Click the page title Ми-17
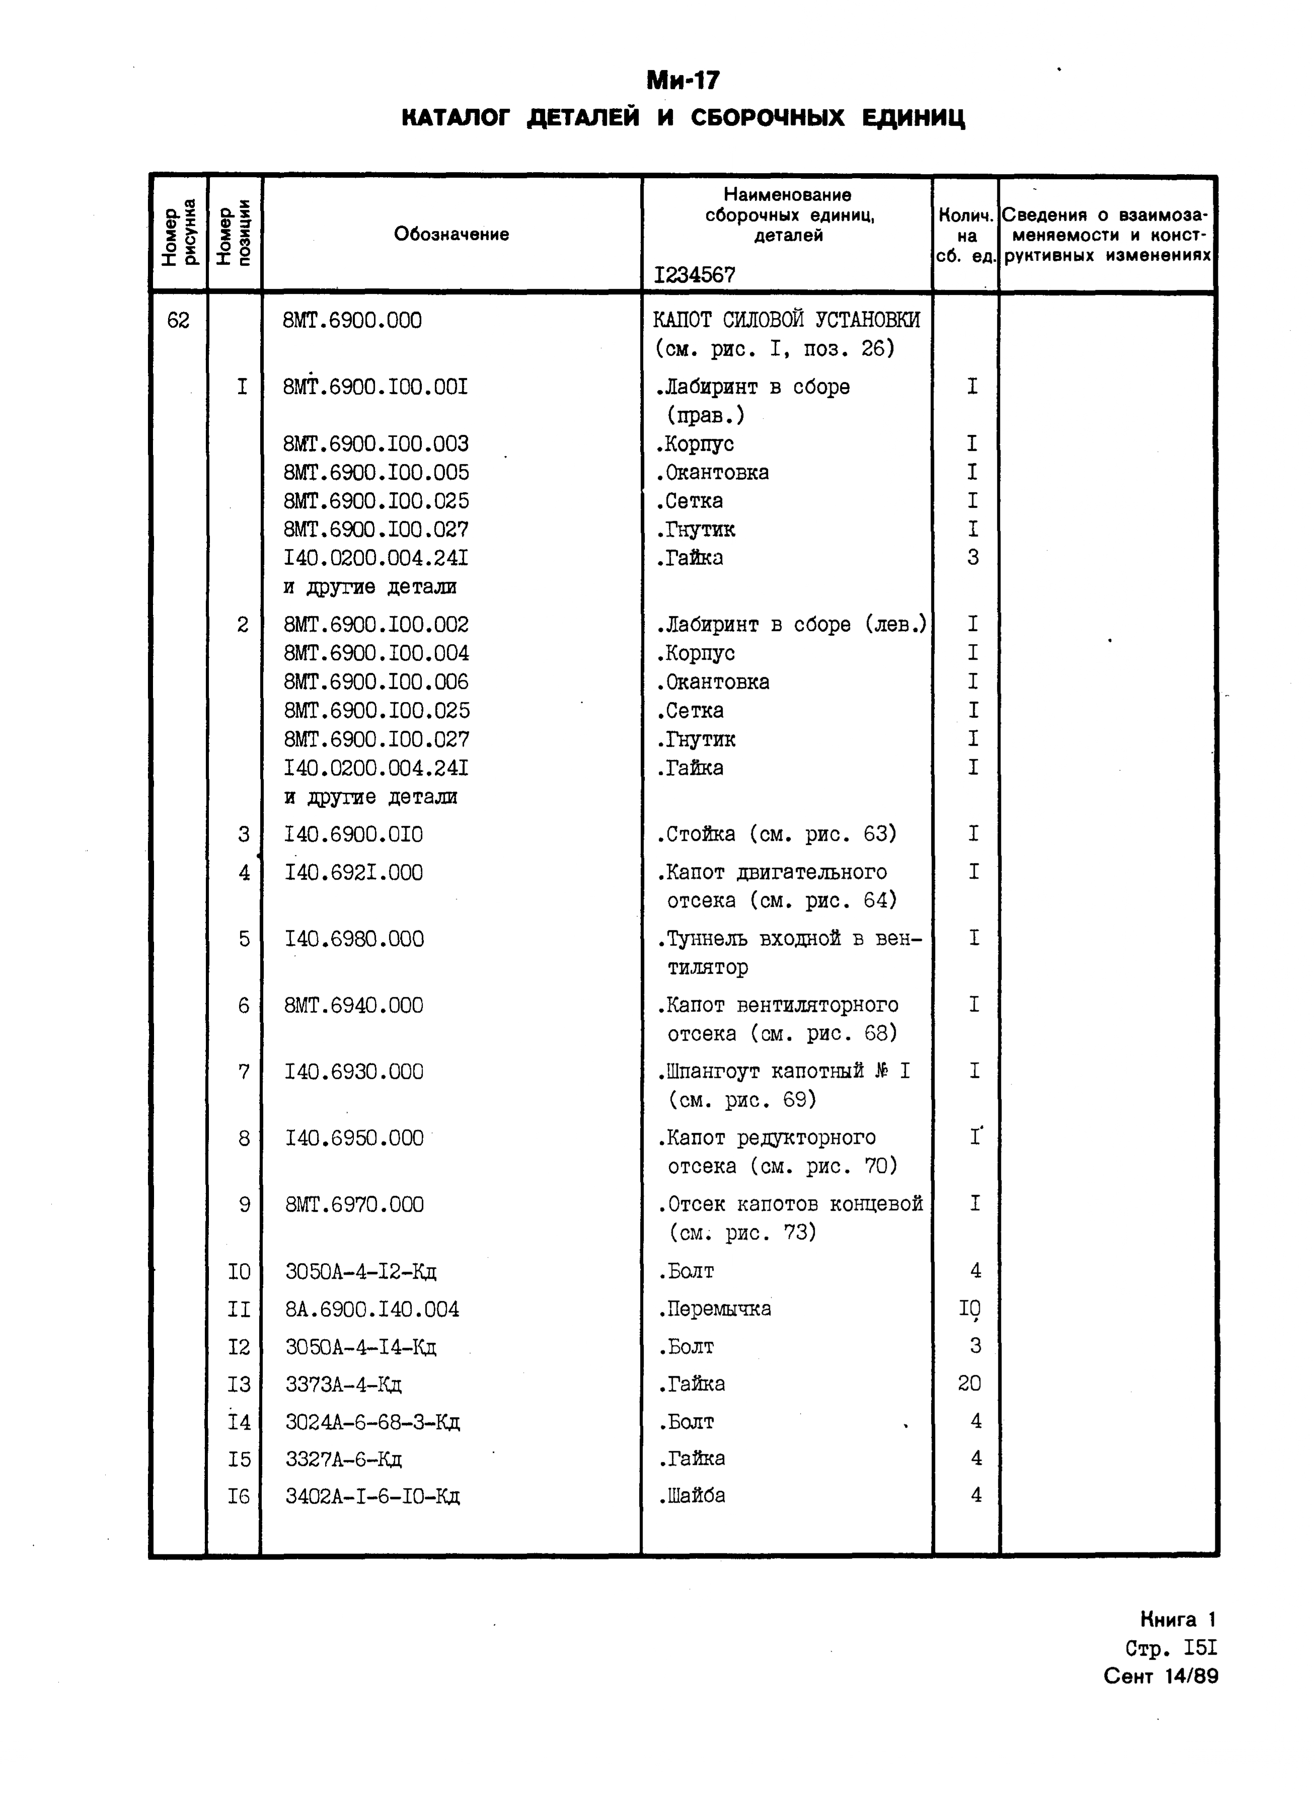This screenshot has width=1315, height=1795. pyautogui.click(x=682, y=81)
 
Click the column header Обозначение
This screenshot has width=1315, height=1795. pyautogui.click(x=451, y=234)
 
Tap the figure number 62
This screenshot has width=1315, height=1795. pyautogui.click(x=178, y=320)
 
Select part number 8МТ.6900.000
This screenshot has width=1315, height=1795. pyautogui.click(x=353, y=320)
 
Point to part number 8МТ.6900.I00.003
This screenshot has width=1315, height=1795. pyautogui.click(x=376, y=443)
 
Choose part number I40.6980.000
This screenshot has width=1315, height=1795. pyautogui.click(x=354, y=940)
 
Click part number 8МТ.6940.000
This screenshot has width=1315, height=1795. pyautogui.click(x=353, y=1005)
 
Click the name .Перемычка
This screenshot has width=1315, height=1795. pyautogui.click(x=714, y=1309)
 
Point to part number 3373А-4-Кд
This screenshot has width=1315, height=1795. pyautogui.click(x=343, y=1384)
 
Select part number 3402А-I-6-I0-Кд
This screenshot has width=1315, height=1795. pyautogui.click(x=372, y=1497)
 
